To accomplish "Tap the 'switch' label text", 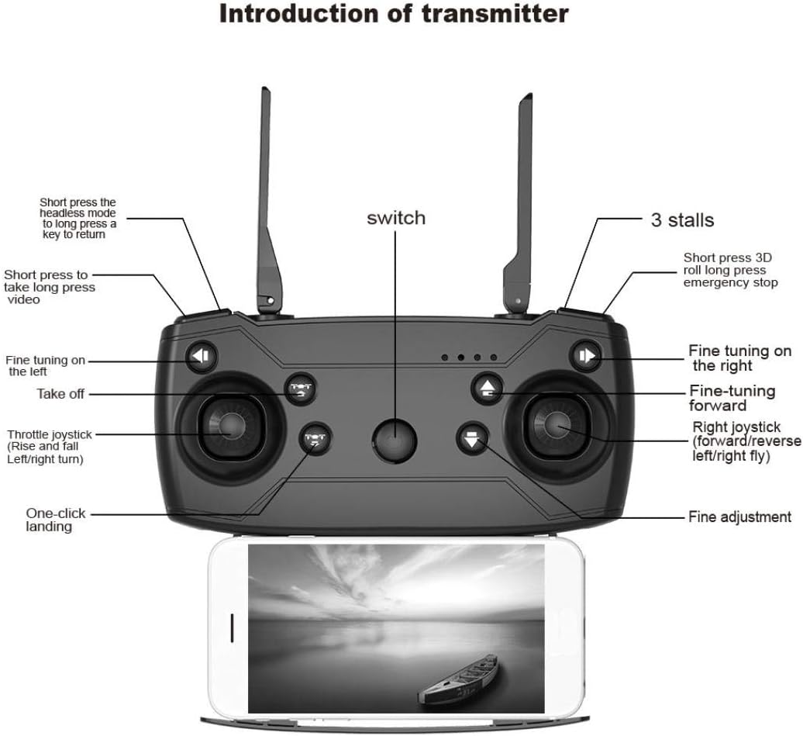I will coord(395,218).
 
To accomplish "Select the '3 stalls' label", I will coord(682,219).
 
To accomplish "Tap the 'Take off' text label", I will coord(60,394).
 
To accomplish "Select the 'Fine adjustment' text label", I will coord(739,517).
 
